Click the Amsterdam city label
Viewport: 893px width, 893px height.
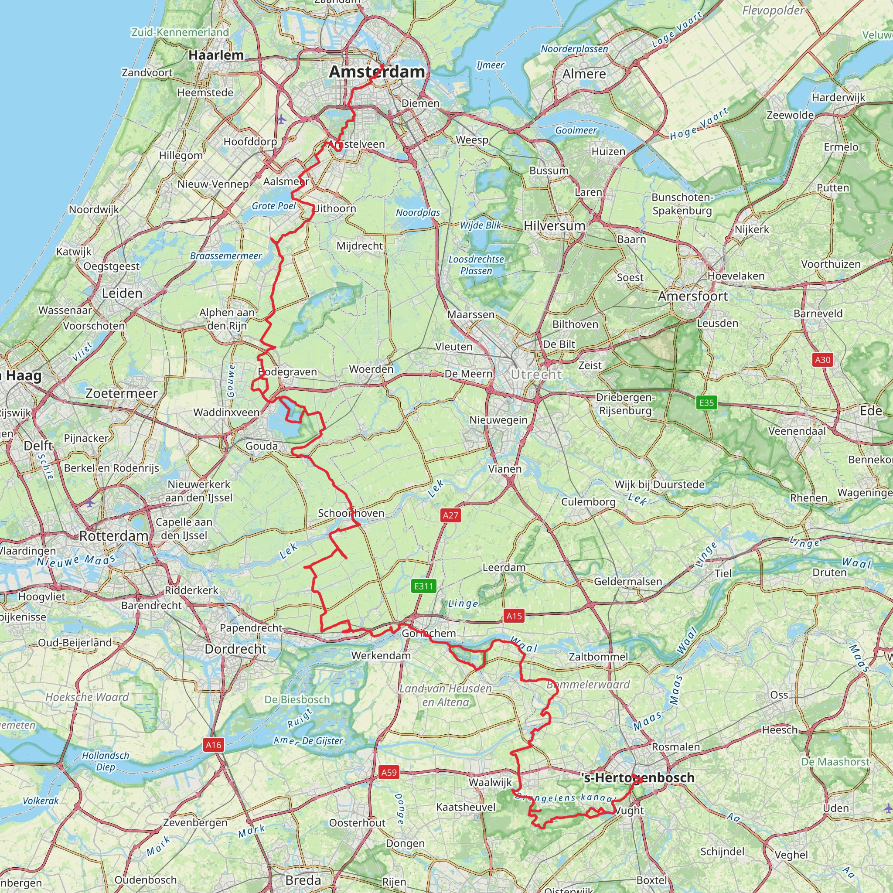(377, 72)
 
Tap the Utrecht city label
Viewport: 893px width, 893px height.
(536, 375)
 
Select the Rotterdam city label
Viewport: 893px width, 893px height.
(114, 536)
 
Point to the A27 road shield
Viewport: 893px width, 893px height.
(451, 515)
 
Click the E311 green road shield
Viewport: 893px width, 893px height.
(424, 586)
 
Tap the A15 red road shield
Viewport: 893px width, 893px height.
(514, 616)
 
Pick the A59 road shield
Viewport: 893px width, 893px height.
(389, 772)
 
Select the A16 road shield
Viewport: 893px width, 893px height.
(214, 745)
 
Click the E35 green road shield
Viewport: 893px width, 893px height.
(706, 402)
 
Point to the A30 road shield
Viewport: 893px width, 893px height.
(823, 360)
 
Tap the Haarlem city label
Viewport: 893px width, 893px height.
(216, 55)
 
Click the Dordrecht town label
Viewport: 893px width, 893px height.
(236, 649)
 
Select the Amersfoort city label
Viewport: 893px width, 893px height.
(693, 296)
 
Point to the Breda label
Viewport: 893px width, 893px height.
(303, 879)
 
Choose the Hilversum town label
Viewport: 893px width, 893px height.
(555, 226)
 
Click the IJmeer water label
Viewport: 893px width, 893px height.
(491, 65)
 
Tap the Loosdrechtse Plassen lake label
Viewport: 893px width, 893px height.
(476, 265)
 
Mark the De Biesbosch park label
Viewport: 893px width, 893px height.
(297, 699)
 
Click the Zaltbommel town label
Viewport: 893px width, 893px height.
(598, 657)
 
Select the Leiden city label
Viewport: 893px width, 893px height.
(122, 293)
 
